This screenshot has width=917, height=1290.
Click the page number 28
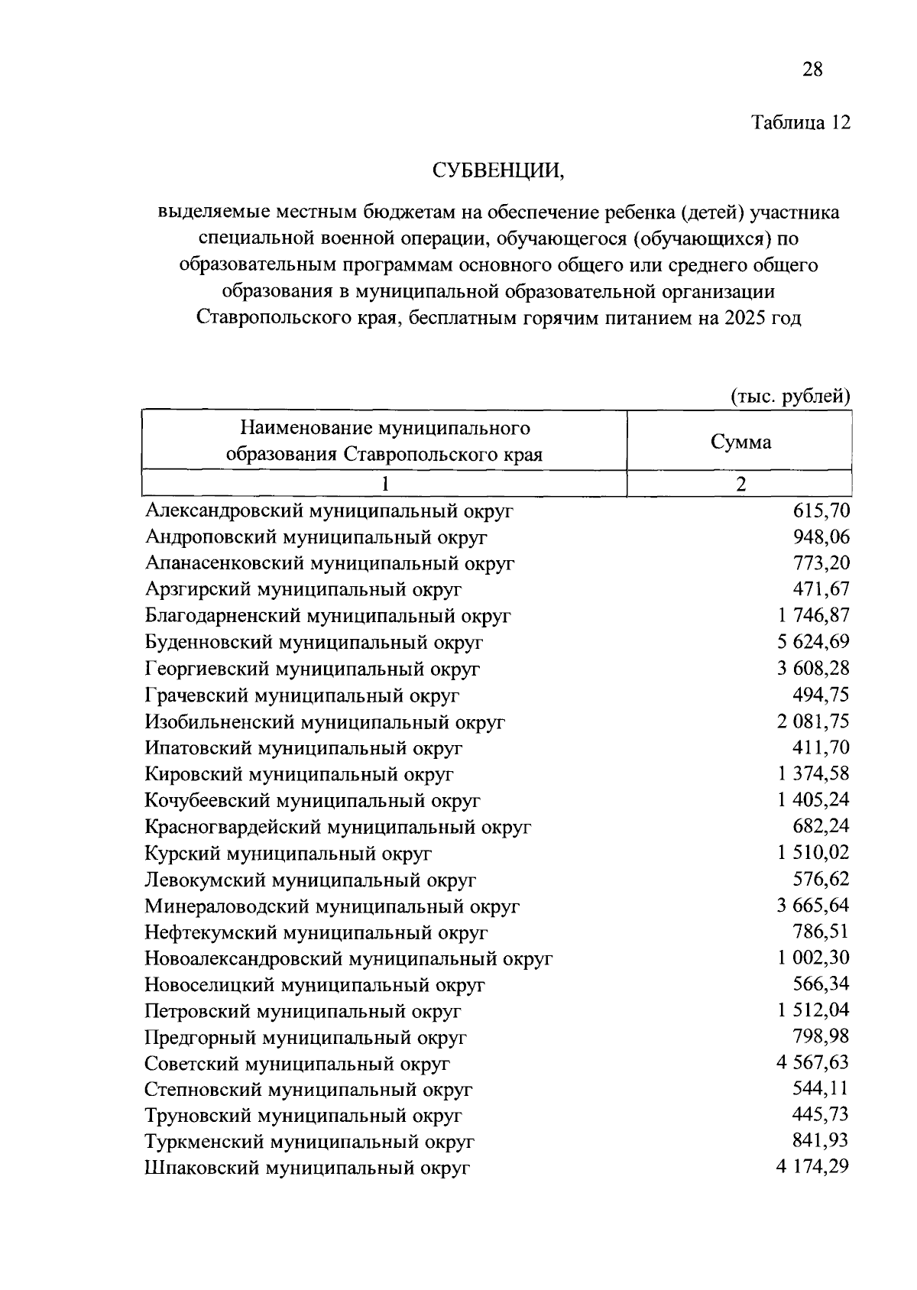coord(812,70)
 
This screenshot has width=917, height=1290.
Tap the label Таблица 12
coord(800,123)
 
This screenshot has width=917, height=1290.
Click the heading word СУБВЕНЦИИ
coord(498,170)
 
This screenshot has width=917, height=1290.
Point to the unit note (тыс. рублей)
coord(790,397)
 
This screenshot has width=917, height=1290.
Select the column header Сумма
coord(740,442)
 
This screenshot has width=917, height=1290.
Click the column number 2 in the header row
coord(740,484)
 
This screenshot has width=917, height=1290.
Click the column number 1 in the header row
coord(385,484)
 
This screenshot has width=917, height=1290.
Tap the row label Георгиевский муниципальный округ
coord(313,669)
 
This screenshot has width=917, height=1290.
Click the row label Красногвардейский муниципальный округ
coord(338,827)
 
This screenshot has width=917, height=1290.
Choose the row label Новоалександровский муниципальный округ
coord(348,958)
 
